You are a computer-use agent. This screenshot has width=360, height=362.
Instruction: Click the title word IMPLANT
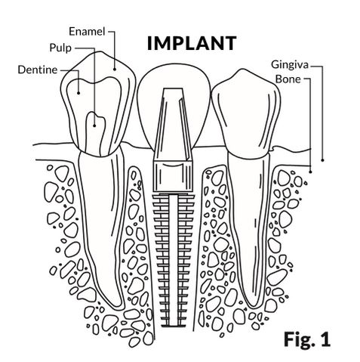[x=192, y=43]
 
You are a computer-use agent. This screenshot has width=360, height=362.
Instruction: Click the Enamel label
[x=87, y=32]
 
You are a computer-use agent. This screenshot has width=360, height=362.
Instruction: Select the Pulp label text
[x=60, y=48]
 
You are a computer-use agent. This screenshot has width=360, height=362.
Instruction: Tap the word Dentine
[x=38, y=70]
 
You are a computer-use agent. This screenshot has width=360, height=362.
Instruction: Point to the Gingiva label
[x=290, y=65]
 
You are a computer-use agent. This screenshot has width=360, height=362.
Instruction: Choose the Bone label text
[x=288, y=79]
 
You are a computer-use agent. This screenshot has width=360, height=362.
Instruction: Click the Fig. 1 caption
[x=306, y=339]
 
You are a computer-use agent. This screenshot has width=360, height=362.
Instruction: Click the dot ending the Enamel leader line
[x=115, y=69]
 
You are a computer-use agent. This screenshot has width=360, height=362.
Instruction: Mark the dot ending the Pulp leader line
[x=94, y=125]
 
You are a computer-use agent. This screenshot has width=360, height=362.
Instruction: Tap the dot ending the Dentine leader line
[x=78, y=93]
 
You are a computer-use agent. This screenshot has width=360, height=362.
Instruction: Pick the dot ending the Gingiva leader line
[x=322, y=160]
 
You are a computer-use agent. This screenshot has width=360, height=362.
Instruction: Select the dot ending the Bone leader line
[x=310, y=172]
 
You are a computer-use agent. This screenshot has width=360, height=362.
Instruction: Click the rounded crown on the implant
[x=174, y=76]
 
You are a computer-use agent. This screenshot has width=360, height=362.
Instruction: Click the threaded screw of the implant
[x=173, y=259]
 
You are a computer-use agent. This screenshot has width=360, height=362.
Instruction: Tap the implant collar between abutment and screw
[x=173, y=176]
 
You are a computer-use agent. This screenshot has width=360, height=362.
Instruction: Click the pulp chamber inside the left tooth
[x=95, y=135]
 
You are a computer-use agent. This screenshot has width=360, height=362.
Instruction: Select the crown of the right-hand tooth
[x=246, y=113]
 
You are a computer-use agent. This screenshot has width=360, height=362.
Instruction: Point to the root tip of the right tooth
[x=254, y=305]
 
